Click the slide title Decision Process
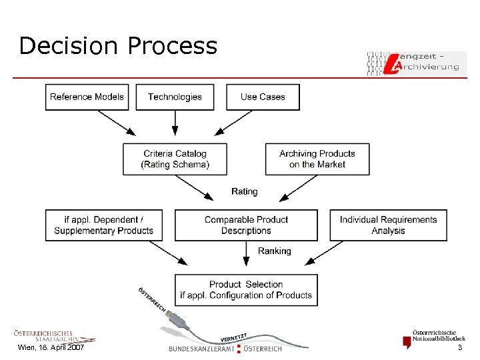click(x=118, y=46)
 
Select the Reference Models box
click(x=87, y=97)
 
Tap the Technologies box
click(x=175, y=97)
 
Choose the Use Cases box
click(x=263, y=97)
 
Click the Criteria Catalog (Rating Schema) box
click(x=175, y=159)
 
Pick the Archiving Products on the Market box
click(x=317, y=159)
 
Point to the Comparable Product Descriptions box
click(x=246, y=225)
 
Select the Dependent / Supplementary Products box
click(x=103, y=225)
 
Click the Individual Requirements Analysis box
click(x=388, y=225)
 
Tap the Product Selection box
click(x=246, y=290)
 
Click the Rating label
click(x=244, y=191)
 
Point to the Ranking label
click(x=274, y=251)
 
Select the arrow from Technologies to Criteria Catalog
click(x=175, y=122)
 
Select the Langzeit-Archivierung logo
click(x=416, y=61)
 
